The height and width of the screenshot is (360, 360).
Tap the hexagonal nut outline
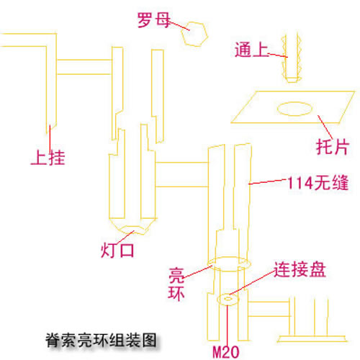[195, 34]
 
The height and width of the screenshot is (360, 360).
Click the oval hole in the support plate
[295, 109]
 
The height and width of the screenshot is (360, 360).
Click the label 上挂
[50, 156]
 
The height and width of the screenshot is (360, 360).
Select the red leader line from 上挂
[50, 137]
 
